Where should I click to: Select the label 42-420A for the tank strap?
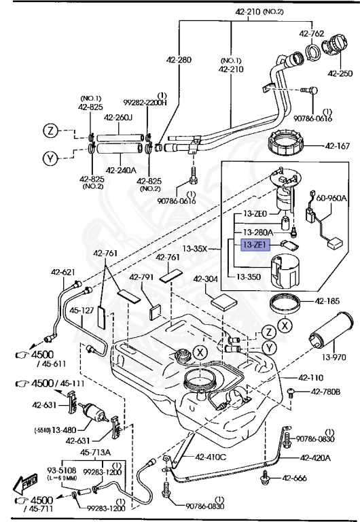(315, 458)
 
